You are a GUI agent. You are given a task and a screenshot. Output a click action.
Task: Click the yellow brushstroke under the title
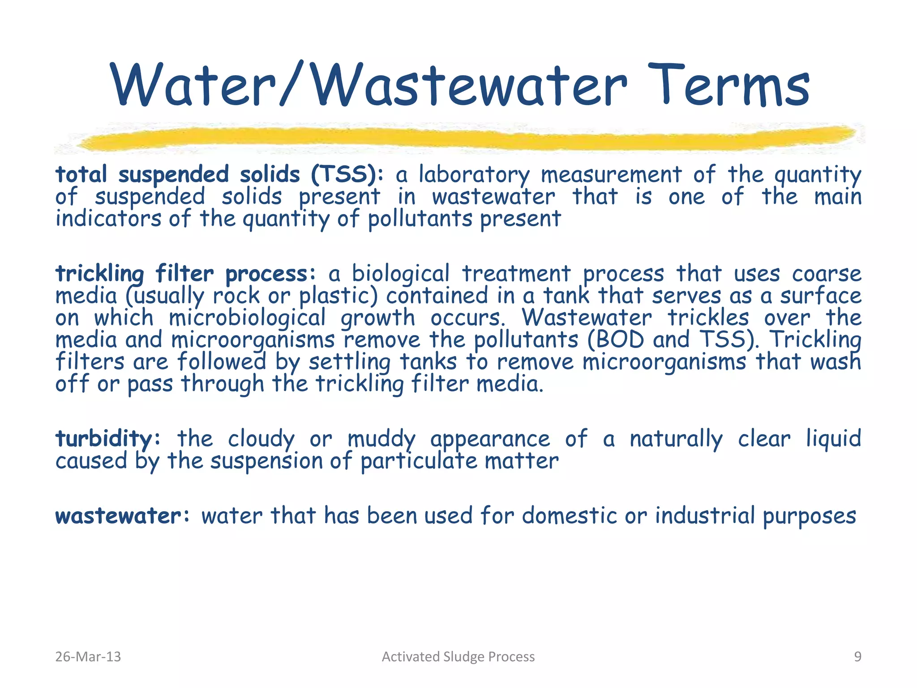pos(466,137)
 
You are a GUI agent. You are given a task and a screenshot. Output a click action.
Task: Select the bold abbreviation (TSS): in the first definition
pos(347,174)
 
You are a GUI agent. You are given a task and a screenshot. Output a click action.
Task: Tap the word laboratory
pos(474,175)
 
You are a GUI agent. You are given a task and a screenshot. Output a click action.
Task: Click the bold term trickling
pos(99,274)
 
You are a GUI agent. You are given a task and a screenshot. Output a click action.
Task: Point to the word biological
pos(400,274)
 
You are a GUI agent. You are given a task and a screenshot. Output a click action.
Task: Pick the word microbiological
pos(247,318)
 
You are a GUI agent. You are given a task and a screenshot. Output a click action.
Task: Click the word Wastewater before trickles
pos(587,318)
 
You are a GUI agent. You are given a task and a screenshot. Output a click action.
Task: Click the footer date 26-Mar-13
pos(88,657)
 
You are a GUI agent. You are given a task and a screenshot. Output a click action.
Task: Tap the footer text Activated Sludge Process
pos(458,657)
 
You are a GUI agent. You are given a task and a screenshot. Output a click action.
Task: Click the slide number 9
pos(857,657)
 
